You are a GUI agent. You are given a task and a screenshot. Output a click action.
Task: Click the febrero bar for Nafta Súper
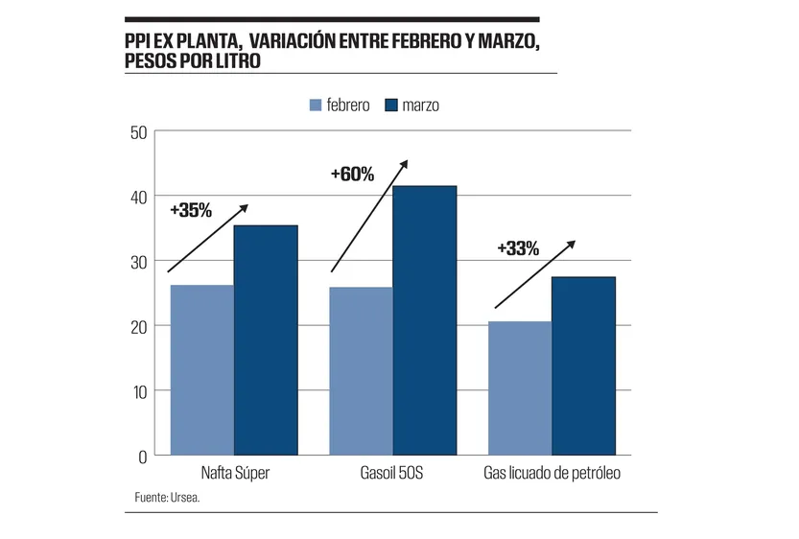pos(201,370)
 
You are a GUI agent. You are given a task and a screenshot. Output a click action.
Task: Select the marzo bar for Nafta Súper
pos(266,340)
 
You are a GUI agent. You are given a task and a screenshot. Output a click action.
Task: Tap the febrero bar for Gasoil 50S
pos(362,371)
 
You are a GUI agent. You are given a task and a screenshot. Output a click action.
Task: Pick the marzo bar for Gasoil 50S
pos(425,320)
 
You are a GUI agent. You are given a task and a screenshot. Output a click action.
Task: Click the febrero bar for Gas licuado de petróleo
pos(520,388)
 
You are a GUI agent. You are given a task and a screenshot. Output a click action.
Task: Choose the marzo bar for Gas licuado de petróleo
pos(583,365)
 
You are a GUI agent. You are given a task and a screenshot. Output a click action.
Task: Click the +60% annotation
pos(351,174)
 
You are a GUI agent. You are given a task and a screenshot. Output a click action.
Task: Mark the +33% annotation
pos(518,248)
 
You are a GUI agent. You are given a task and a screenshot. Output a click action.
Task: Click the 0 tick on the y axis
pos(142,456)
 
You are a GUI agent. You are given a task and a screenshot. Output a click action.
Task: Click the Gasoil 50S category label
pos(393,473)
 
